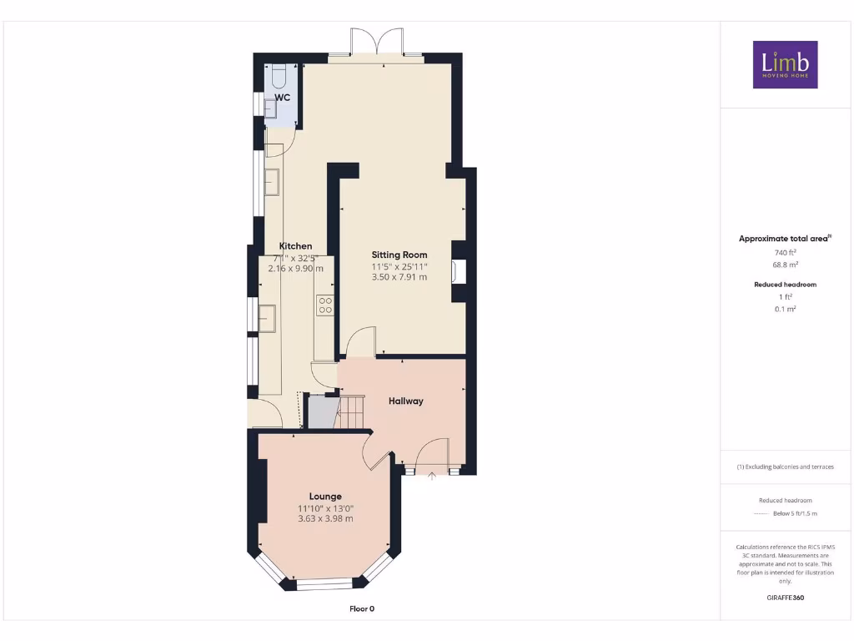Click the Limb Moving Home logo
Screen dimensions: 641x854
click(x=785, y=64)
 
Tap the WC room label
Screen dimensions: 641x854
click(x=283, y=98)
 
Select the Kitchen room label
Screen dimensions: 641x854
click(x=295, y=246)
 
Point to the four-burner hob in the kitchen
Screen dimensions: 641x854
click(x=324, y=305)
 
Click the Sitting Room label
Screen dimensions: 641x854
click(x=399, y=255)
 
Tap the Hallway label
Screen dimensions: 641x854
click(x=406, y=401)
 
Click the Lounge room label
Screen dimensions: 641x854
click(x=325, y=497)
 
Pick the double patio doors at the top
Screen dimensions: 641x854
click(x=377, y=43)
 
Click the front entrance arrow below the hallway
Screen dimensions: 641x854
click(x=432, y=477)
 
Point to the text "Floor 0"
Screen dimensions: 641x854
click(x=362, y=608)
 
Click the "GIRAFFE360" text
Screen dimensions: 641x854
click(x=785, y=598)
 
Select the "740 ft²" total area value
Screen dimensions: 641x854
click(x=785, y=252)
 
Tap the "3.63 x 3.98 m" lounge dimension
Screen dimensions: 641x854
click(x=325, y=518)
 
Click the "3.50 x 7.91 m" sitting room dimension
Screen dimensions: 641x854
click(x=399, y=276)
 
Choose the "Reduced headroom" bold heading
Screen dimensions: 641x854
click(x=785, y=285)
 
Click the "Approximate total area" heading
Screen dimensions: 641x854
click(x=783, y=239)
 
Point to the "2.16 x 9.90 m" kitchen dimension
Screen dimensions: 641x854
click(x=295, y=269)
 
